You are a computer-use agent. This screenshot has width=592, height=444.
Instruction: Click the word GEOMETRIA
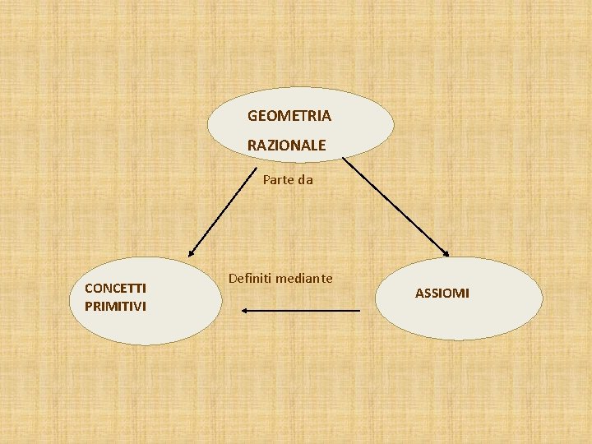pyautogui.click(x=289, y=116)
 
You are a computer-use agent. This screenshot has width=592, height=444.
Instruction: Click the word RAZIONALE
pyautogui.click(x=286, y=146)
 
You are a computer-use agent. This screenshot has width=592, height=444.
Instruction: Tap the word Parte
pyautogui.click(x=279, y=178)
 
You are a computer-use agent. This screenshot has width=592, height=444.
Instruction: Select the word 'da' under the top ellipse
pyautogui.click(x=306, y=178)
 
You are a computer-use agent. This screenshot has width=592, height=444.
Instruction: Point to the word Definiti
pyautogui.click(x=250, y=279)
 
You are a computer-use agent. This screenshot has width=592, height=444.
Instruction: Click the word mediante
pyautogui.click(x=304, y=279)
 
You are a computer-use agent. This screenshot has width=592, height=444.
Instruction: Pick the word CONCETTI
pyautogui.click(x=116, y=288)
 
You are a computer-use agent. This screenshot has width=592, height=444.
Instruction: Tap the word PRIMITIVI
pyautogui.click(x=116, y=307)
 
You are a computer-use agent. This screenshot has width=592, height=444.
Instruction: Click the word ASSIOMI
pyautogui.click(x=442, y=294)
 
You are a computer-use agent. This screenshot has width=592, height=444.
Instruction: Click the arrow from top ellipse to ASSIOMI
pyautogui.click(x=395, y=206)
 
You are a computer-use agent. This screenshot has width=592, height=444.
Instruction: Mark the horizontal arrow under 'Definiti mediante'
pyautogui.click(x=301, y=310)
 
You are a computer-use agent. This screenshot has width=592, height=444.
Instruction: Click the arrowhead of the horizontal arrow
pyautogui.click(x=244, y=310)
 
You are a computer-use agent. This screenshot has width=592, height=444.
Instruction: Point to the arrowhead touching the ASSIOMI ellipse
pyautogui.click(x=445, y=253)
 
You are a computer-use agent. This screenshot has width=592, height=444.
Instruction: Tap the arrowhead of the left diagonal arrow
pyautogui.click(x=192, y=252)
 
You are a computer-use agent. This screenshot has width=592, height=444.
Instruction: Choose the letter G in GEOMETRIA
pyautogui.click(x=252, y=116)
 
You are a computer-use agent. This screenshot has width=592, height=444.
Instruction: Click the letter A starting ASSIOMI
pyautogui.click(x=419, y=294)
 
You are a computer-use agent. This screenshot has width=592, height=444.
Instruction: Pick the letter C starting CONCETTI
pyautogui.click(x=89, y=288)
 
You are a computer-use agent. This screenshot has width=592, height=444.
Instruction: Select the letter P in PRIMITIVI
pyautogui.click(x=88, y=307)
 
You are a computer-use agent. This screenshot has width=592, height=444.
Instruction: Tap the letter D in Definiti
pyautogui.click(x=233, y=279)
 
